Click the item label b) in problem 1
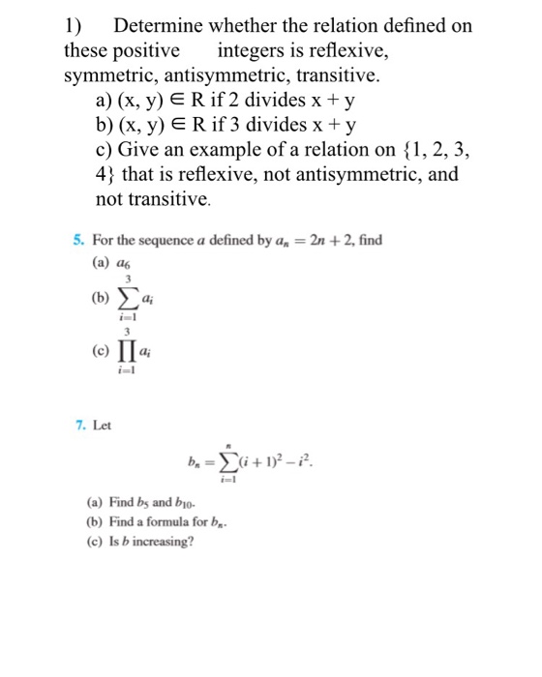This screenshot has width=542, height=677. point(105,125)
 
